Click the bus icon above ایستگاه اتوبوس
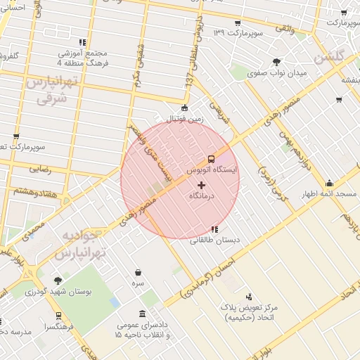pyautogui.click(x=212, y=158)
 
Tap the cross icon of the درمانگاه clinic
pyautogui.click(x=202, y=185)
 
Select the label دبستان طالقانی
pyautogui.click(x=214, y=240)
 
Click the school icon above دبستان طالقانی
pyautogui.click(x=214, y=229)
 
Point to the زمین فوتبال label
pyautogui.click(x=184, y=119)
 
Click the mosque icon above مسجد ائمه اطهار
pyautogui.click(x=329, y=184)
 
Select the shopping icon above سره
pyautogui.click(x=138, y=272)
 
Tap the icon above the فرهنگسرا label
pyautogui.click(x=58, y=316)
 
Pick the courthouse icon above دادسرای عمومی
pyautogui.click(x=143, y=314)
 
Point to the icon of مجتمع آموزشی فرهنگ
pyautogui.click(x=83, y=42)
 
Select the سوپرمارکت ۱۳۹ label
pyautogui.click(x=238, y=33)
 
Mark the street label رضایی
pyautogui.click(x=39, y=169)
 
